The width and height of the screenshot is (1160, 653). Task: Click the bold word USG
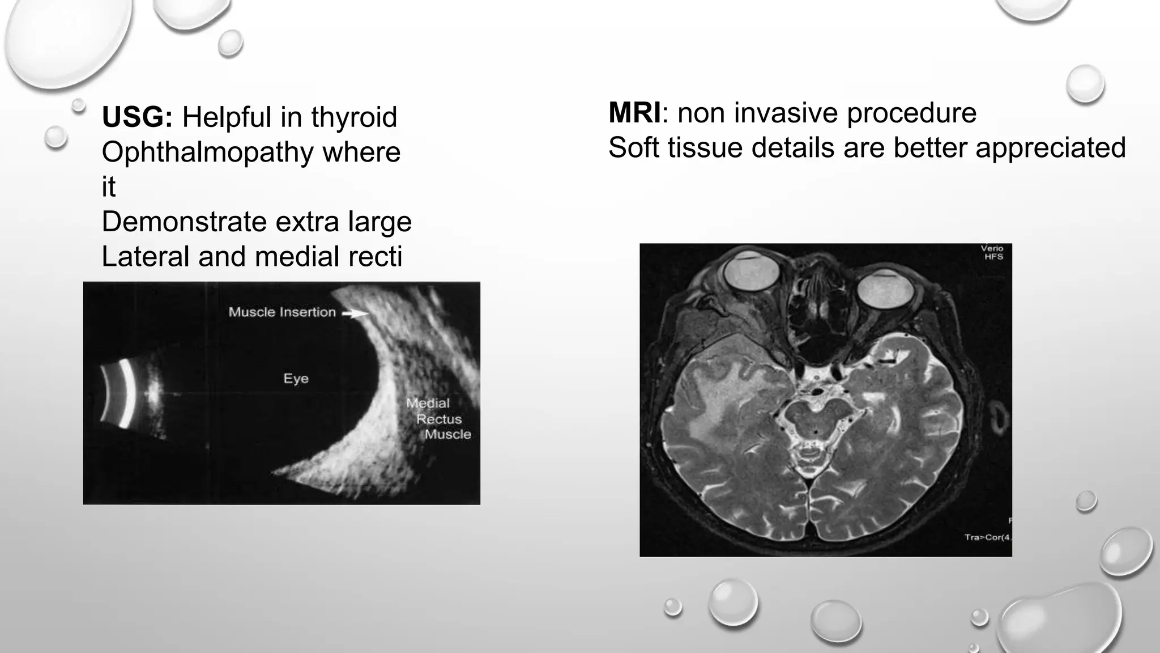click(x=137, y=117)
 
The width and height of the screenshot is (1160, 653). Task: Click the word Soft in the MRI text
click(x=634, y=147)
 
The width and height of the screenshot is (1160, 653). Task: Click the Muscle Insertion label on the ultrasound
click(x=282, y=312)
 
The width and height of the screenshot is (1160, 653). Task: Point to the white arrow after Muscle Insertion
click(x=355, y=313)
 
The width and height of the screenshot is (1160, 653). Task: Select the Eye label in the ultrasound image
click(x=296, y=379)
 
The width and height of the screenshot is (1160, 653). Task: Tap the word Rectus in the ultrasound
click(x=439, y=419)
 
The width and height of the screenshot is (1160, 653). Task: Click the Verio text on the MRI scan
click(x=992, y=248)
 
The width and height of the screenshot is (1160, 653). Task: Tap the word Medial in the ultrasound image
click(x=428, y=403)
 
